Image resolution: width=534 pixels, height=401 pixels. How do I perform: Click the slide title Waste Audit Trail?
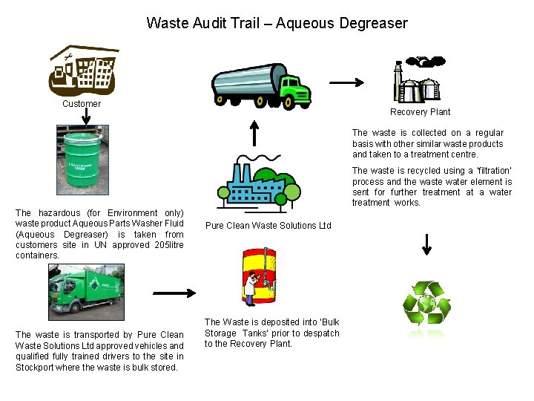[277, 23]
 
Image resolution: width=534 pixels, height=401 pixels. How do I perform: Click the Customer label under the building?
[82, 104]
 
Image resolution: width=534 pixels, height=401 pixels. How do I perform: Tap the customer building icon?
[82, 72]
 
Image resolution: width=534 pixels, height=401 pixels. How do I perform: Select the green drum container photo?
[82, 159]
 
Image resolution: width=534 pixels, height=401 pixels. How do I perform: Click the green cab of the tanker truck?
[297, 91]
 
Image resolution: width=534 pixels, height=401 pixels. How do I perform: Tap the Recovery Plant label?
[420, 112]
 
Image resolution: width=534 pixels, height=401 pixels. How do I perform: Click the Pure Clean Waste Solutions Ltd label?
[268, 226]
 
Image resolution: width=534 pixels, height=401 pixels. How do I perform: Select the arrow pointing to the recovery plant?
[345, 82]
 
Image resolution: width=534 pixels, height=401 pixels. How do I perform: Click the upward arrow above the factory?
[254, 132]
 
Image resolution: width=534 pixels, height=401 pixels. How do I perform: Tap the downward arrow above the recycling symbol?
[426, 243]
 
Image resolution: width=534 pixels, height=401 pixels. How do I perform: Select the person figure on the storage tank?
[253, 283]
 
